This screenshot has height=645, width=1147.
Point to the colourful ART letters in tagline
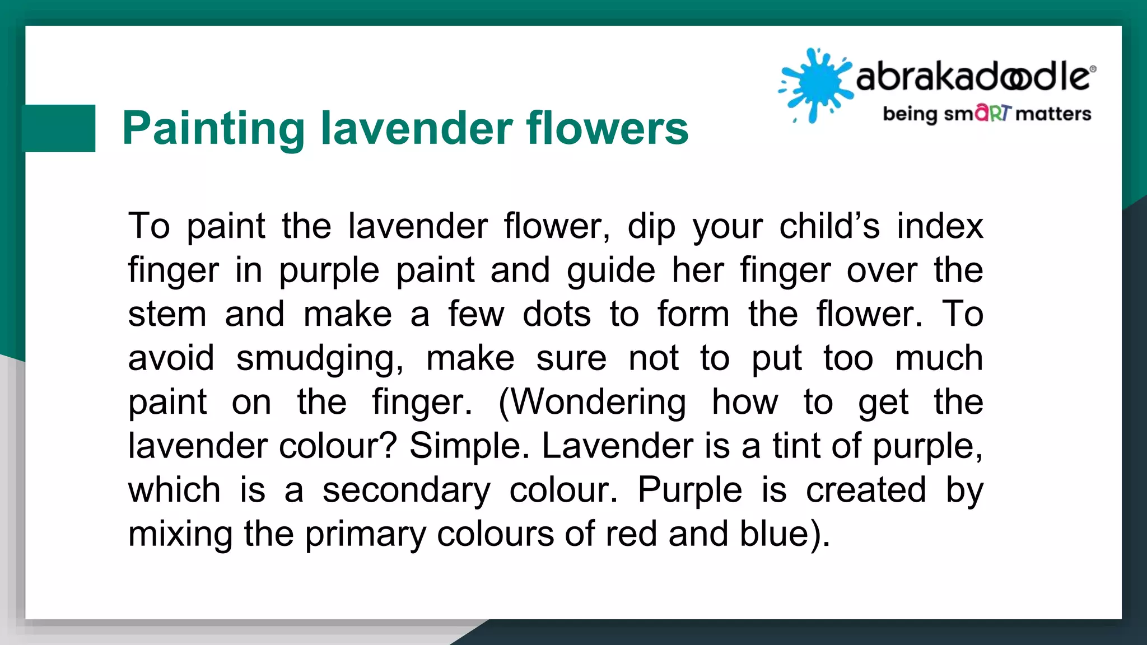click(x=993, y=113)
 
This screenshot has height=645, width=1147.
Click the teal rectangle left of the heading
click(x=59, y=128)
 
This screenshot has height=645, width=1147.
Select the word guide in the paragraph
click(x=611, y=271)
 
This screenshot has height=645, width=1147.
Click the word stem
click(x=167, y=314)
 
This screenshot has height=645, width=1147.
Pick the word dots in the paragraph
click(x=556, y=314)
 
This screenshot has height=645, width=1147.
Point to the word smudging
click(x=319, y=359)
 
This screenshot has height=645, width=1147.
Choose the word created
click(x=866, y=490)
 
